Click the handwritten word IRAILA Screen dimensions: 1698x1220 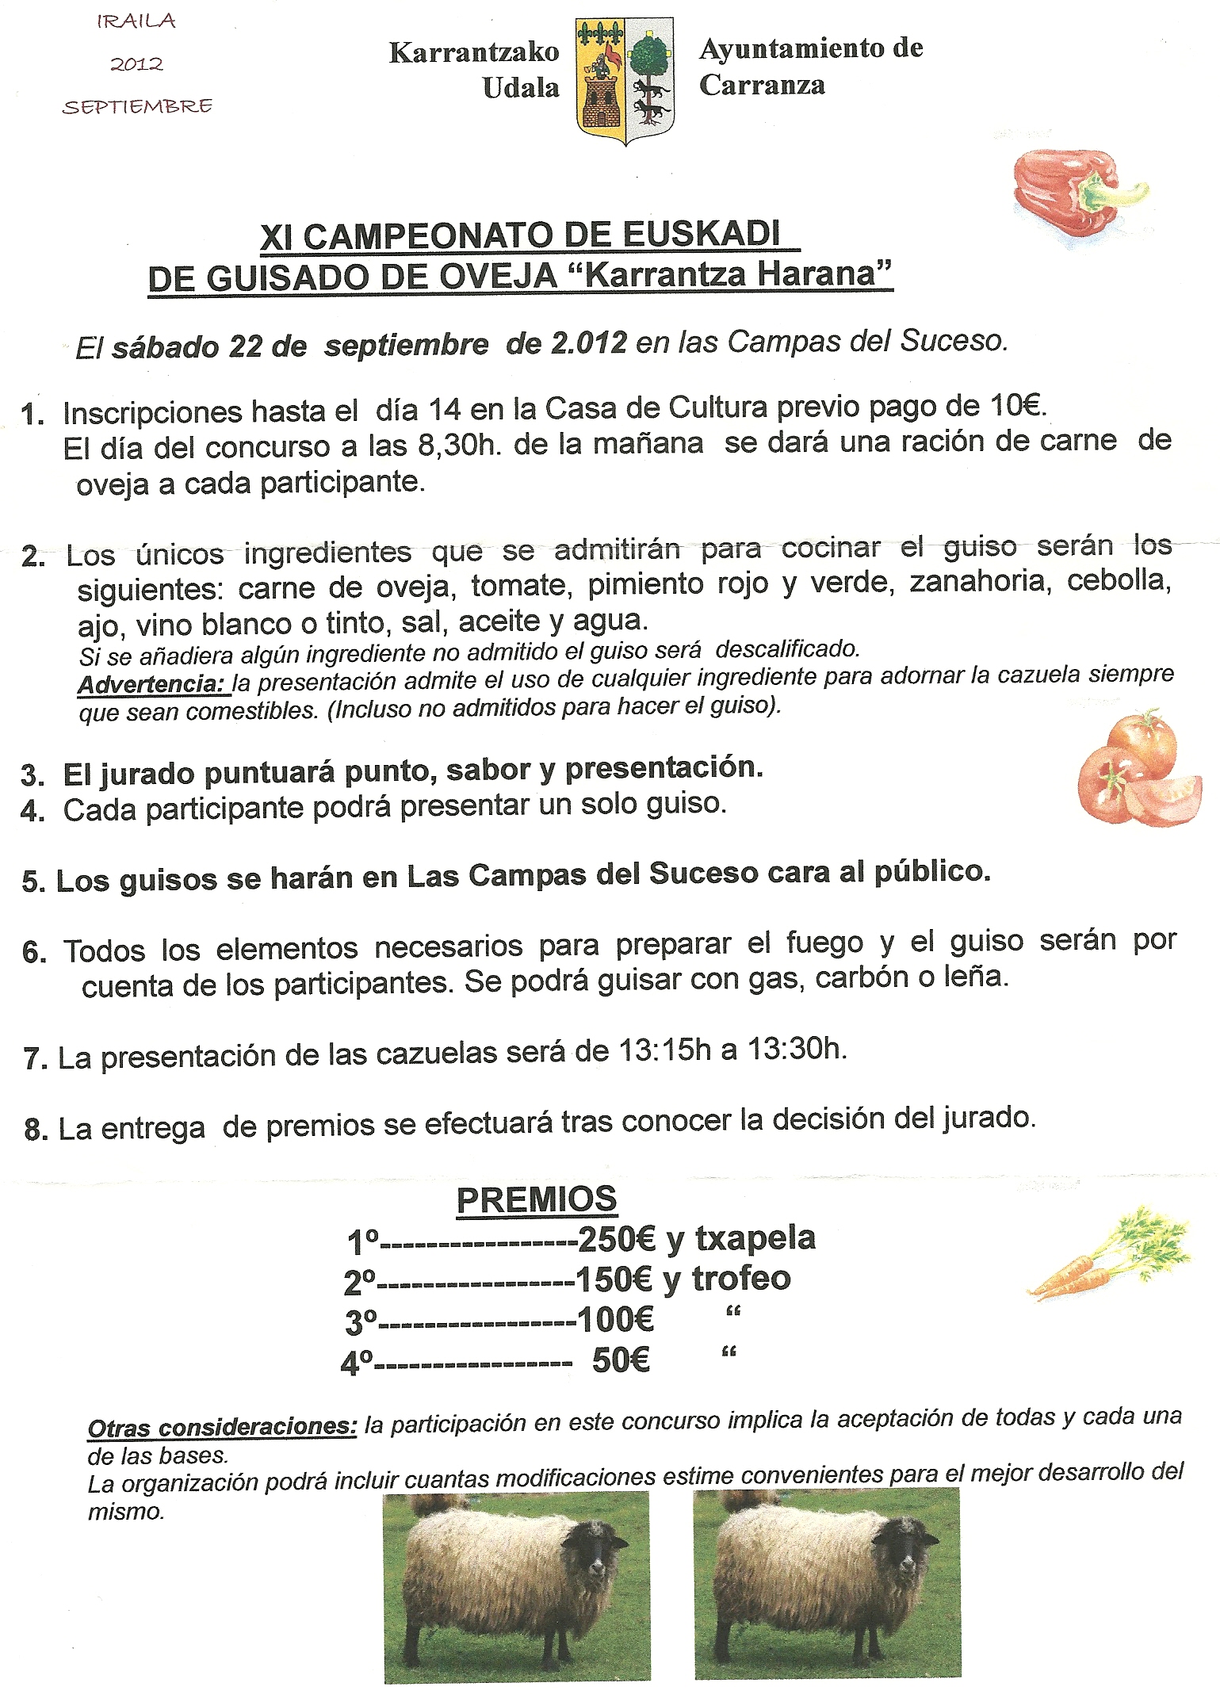[x=136, y=22]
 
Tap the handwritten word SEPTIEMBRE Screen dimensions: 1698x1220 [x=137, y=106]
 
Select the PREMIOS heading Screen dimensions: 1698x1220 [x=537, y=1199]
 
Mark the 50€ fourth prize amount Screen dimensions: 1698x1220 [x=621, y=1360]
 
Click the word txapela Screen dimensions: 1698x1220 [x=755, y=1237]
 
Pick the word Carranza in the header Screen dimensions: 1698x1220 [x=762, y=85]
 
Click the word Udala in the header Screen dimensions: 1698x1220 [x=521, y=87]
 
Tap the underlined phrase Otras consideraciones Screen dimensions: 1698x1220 [x=223, y=1427]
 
